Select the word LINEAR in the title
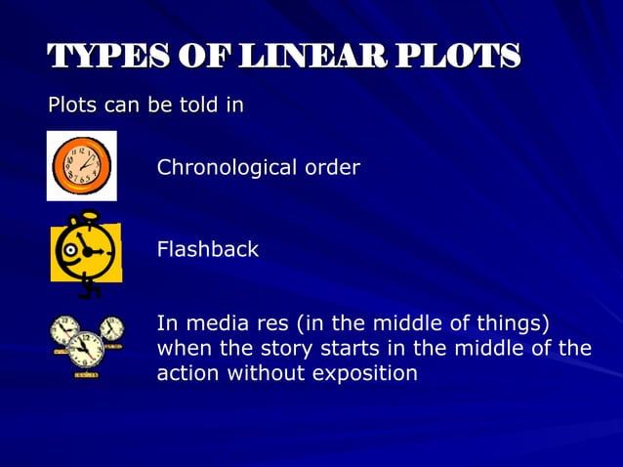[x=321, y=58]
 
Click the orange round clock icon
[x=81, y=166]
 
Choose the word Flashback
[x=208, y=249]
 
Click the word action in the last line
[x=185, y=373]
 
